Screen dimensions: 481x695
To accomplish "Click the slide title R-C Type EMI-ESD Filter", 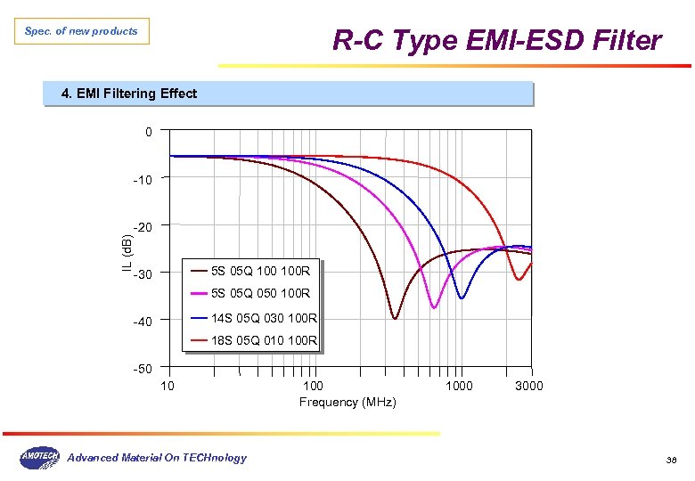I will point(496,41).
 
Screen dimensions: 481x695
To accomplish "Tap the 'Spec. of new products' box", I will point(82,31).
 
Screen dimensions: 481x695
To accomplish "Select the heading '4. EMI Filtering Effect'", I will point(128,94).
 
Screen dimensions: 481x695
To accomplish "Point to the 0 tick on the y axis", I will point(149,133).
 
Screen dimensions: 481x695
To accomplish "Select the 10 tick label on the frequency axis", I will point(168,386).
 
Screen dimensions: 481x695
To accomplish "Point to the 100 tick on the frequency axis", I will point(314,386).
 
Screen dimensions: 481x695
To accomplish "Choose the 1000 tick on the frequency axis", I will point(459,386).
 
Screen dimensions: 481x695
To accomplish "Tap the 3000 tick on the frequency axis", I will point(528,386).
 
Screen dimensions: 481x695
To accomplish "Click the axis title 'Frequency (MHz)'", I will point(347,403).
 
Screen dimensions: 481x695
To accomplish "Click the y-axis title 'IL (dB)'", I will point(127,250).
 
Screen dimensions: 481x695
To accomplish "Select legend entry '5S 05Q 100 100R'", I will point(260,271).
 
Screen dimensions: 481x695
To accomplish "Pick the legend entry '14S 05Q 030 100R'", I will point(264,318).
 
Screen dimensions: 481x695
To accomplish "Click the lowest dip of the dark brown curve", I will point(394,318).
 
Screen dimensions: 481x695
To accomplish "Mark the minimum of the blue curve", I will point(461,298).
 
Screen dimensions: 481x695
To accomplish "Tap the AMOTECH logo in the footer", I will point(39,457).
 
